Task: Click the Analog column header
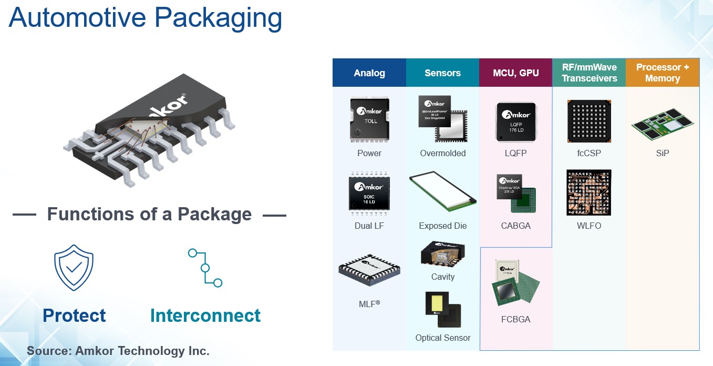(369, 73)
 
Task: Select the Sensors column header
(442, 73)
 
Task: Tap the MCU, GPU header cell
(515, 73)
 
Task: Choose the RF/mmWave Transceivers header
(589, 73)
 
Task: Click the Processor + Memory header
(662, 73)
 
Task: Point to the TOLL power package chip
(369, 120)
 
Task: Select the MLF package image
(369, 271)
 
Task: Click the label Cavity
(442, 277)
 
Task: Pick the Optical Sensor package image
(443, 310)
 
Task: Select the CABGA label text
(516, 226)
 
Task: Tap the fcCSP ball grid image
(589, 121)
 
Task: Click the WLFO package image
(589, 192)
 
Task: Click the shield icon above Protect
(74, 267)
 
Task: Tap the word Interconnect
(205, 316)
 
